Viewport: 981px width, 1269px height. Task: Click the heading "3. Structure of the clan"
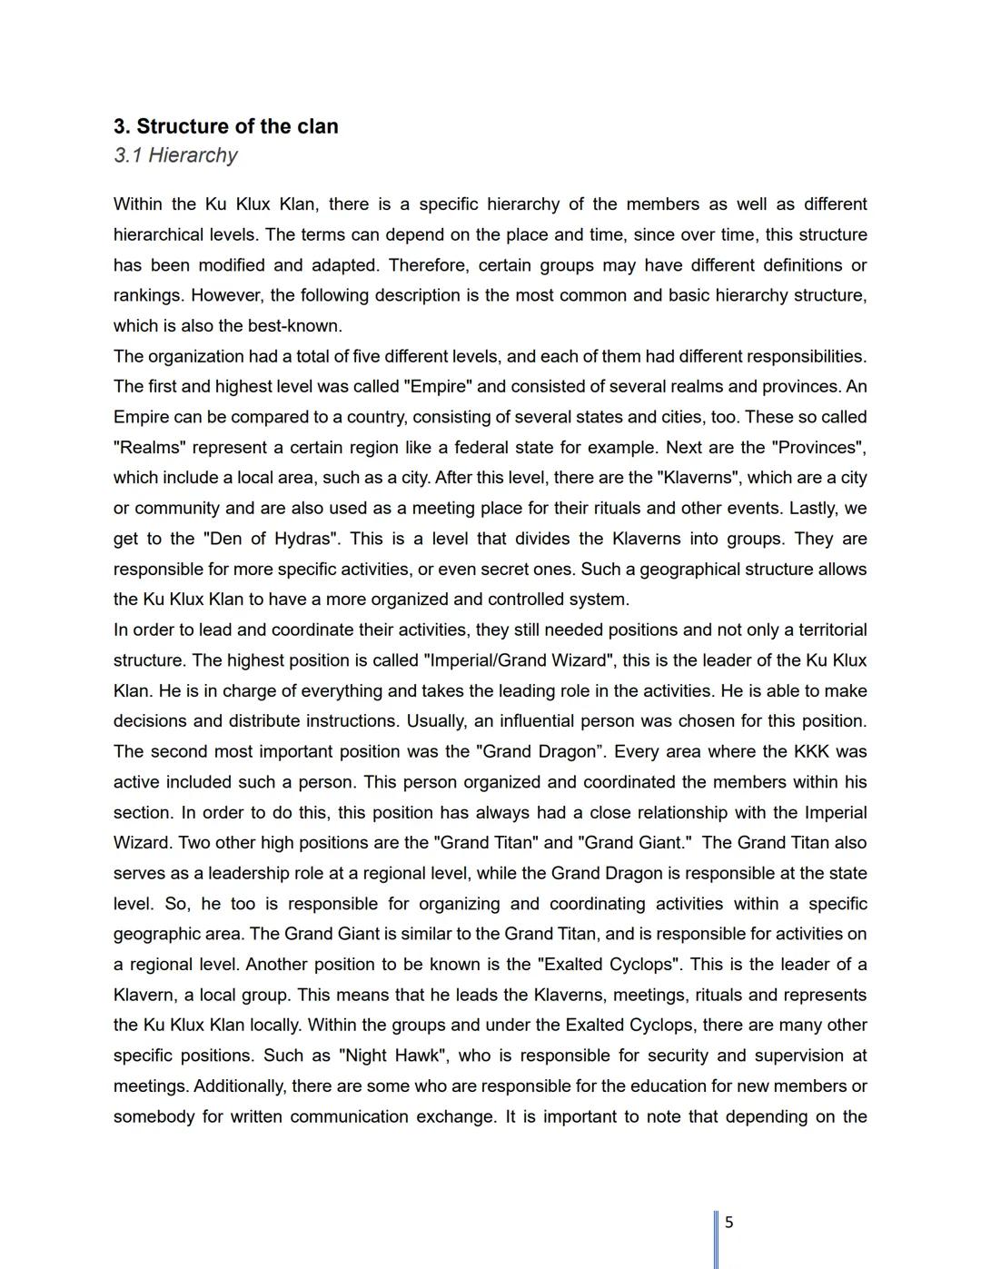coord(225,126)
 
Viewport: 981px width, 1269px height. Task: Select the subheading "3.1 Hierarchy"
coord(175,155)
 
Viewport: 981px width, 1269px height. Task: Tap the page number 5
coord(728,1223)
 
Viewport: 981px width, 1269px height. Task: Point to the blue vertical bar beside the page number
coord(717,1239)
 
